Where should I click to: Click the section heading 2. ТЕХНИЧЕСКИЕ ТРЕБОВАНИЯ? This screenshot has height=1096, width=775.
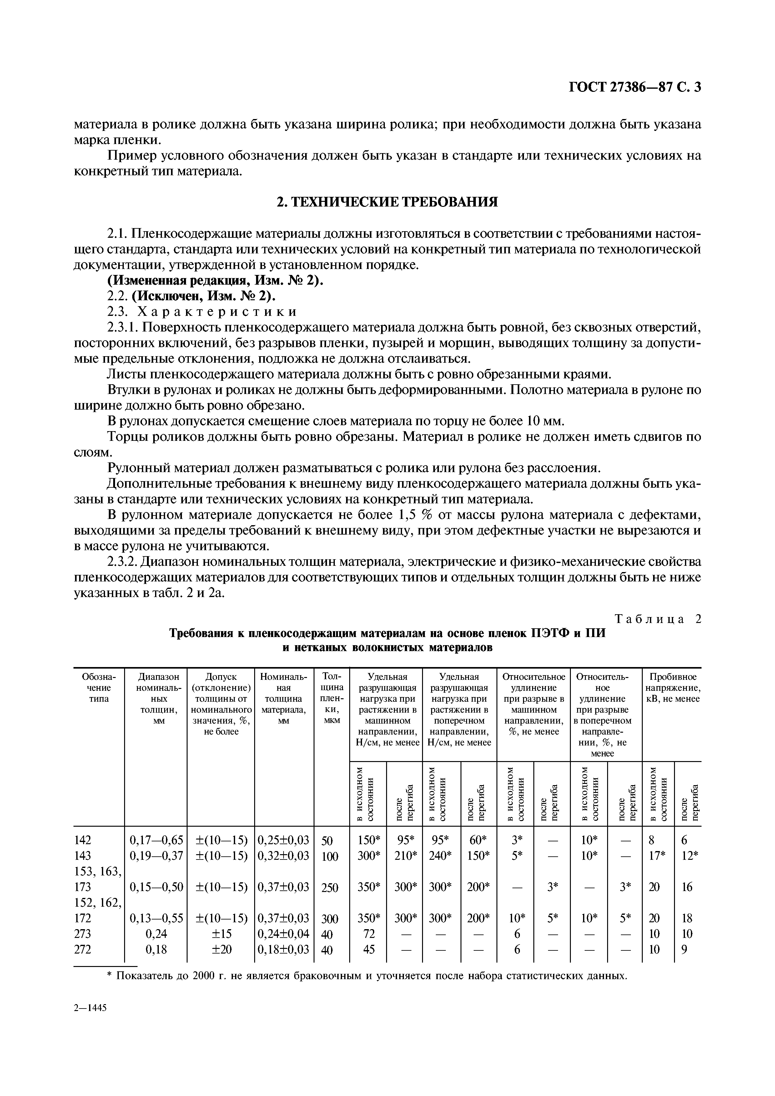click(x=387, y=202)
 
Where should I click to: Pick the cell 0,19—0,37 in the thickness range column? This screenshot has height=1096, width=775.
click(x=156, y=855)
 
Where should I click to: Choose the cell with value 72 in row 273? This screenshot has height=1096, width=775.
click(x=369, y=934)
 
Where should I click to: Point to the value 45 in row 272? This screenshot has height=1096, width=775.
click(x=369, y=949)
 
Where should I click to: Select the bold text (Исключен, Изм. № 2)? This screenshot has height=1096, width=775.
click(x=204, y=296)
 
